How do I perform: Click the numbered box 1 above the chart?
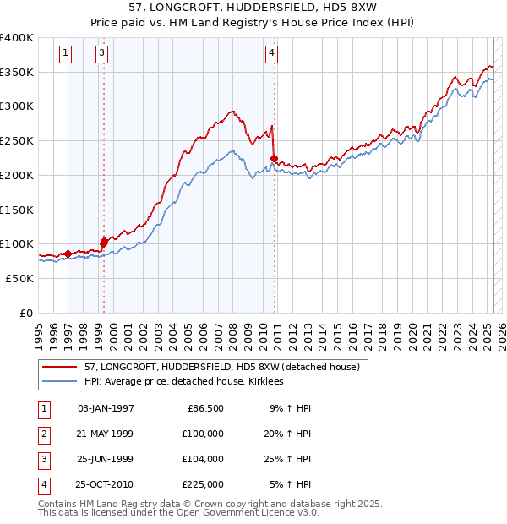click(x=66, y=53)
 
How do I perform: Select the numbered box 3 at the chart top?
click(x=101, y=53)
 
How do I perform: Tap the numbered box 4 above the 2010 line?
click(x=272, y=53)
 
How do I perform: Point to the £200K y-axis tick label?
click(x=17, y=175)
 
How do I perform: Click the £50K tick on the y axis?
click(x=20, y=278)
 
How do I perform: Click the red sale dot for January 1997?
click(x=68, y=254)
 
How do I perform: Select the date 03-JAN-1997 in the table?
click(x=106, y=408)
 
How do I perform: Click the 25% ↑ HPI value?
click(x=291, y=459)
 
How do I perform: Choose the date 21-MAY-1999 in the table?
click(x=105, y=434)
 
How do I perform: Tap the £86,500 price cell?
click(x=204, y=408)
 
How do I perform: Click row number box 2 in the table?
click(x=42, y=434)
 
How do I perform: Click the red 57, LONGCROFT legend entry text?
click(x=222, y=367)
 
